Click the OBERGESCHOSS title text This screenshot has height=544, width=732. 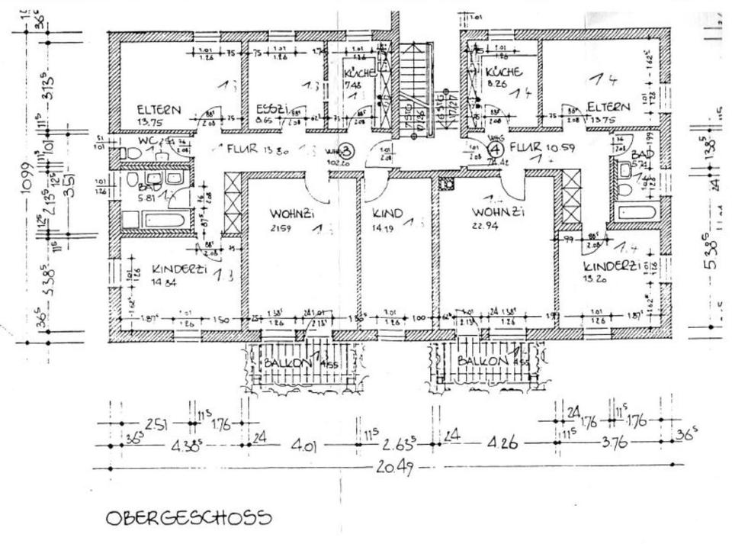tap(188, 518)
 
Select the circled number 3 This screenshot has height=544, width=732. tap(345, 150)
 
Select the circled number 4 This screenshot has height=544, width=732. tap(495, 150)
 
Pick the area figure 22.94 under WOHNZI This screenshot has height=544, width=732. tap(488, 227)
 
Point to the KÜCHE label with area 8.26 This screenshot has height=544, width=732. tap(504, 72)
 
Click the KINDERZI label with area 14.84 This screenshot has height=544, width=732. tap(177, 270)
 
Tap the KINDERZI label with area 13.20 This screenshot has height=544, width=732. tap(609, 266)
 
